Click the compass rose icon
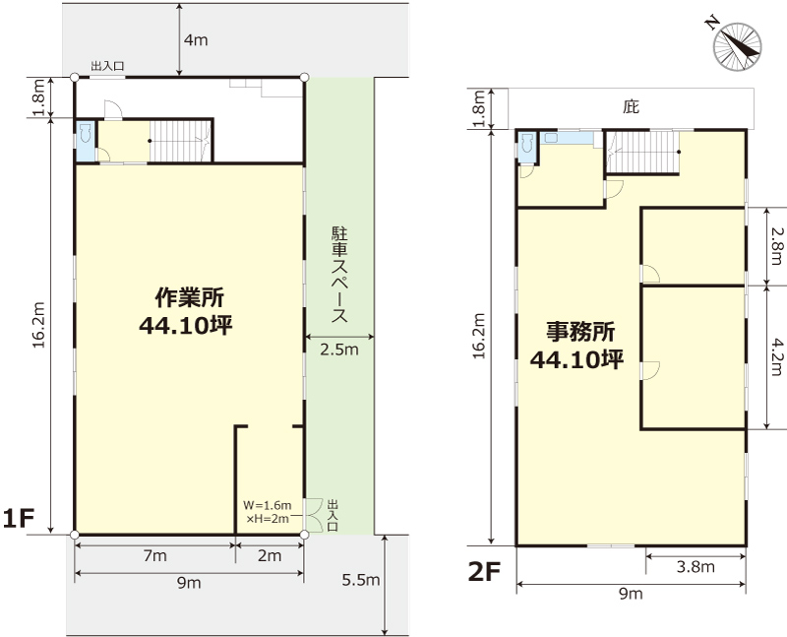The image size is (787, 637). pos(737,45)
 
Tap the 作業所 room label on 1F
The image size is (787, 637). pos(189,297)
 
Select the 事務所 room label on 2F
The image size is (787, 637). pos(580,332)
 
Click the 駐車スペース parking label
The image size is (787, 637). pos(339,275)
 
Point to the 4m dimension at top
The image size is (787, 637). pos(196,40)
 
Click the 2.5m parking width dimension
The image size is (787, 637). pos(339,350)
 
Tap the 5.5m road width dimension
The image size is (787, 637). pos(361,580)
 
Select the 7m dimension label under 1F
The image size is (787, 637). pos(155,556)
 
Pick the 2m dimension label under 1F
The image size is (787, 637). pos(270,556)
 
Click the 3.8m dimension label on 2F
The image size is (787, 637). pos(696,567)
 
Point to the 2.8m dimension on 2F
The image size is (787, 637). pos(777,246)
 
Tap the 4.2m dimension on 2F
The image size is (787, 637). pos(777,356)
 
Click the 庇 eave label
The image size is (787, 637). pos(632,107)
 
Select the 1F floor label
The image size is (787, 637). pos(18,519)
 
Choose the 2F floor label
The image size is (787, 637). pos(484,571)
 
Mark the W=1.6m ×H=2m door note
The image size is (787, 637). pos(267,512)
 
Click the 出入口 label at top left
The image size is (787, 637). pos(107,66)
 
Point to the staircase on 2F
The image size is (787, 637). pos(642,152)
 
